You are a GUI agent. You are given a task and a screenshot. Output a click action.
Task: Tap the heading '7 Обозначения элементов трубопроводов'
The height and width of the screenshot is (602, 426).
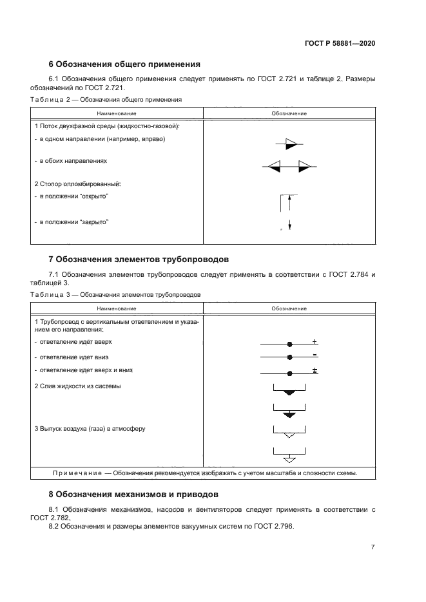pyautogui.click(x=139, y=259)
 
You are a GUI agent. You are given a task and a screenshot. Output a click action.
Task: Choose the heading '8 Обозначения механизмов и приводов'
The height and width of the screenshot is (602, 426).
pyautogui.click(x=133, y=494)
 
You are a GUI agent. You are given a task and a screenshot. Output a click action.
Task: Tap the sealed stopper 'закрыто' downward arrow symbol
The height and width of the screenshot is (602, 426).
pyautogui.click(x=290, y=224)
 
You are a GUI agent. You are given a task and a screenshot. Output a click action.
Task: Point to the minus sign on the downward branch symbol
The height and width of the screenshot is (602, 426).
pyautogui.click(x=315, y=355)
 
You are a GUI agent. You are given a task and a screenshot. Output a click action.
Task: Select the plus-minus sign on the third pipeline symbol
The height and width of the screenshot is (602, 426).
pyautogui.click(x=315, y=370)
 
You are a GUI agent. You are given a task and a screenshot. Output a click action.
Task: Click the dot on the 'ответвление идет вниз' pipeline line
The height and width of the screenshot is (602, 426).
pyautogui.click(x=290, y=357)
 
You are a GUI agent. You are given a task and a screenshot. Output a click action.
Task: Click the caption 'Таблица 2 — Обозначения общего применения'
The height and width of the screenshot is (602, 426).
pyautogui.click(x=106, y=100)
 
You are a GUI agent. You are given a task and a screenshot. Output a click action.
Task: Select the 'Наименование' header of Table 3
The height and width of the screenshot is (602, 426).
pyautogui.click(x=117, y=308)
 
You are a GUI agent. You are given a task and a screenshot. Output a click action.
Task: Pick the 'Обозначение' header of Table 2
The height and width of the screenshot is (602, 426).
pyautogui.click(x=289, y=113)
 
